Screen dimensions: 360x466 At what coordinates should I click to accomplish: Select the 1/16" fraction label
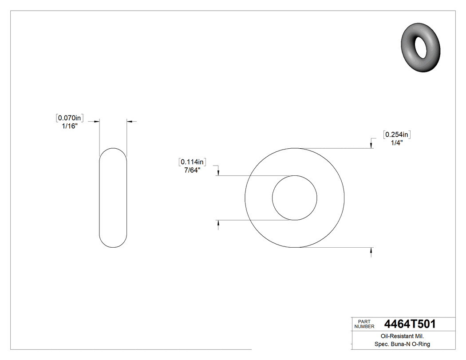70,126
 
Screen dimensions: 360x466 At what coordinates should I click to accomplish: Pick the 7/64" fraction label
192,170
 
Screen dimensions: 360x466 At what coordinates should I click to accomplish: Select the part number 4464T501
410,324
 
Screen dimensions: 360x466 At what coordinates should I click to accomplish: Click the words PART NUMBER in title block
363,324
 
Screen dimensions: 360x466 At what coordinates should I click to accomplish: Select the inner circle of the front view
294,176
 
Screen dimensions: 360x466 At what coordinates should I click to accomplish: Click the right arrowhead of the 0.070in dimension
130,121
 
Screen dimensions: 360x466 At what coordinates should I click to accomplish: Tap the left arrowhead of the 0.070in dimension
95,121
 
